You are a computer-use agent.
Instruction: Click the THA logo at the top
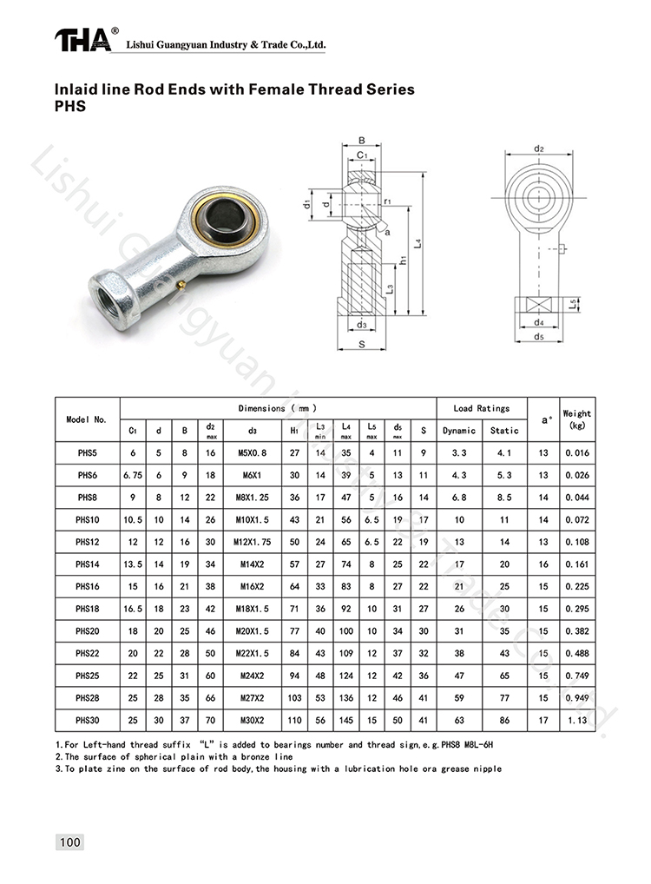83,41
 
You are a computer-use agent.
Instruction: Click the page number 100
70,842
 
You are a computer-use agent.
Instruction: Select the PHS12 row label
88,542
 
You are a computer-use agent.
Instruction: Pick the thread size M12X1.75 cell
252,542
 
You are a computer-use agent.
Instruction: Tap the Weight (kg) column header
576,419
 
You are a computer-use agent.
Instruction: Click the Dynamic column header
459,430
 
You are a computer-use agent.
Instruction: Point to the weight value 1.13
576,720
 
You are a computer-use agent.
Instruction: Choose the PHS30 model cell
88,720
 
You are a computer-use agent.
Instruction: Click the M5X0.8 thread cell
252,452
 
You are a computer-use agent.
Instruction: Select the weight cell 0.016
576,452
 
